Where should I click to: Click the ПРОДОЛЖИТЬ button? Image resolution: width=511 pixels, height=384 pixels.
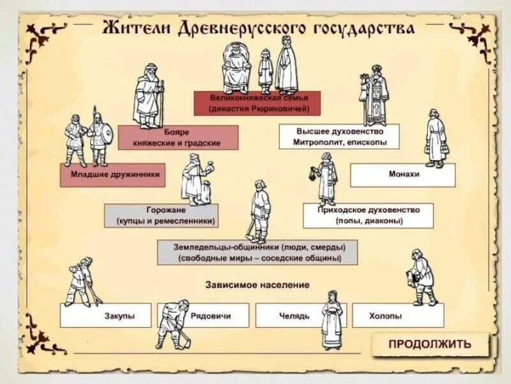(430, 344)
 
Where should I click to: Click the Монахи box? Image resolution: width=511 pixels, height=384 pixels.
(403, 174)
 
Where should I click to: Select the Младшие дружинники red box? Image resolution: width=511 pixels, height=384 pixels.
(112, 174)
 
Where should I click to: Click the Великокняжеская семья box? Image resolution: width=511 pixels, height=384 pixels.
(257, 104)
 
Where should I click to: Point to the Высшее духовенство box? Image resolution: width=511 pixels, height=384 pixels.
(339, 136)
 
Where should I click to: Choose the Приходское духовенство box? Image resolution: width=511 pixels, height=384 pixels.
(368, 216)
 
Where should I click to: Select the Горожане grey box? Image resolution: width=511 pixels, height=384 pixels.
(161, 216)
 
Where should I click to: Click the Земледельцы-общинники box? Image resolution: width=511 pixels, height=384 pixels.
(257, 252)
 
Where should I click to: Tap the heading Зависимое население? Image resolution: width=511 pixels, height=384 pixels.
(257, 284)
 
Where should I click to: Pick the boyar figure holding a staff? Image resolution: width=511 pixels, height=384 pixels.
(148, 96)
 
